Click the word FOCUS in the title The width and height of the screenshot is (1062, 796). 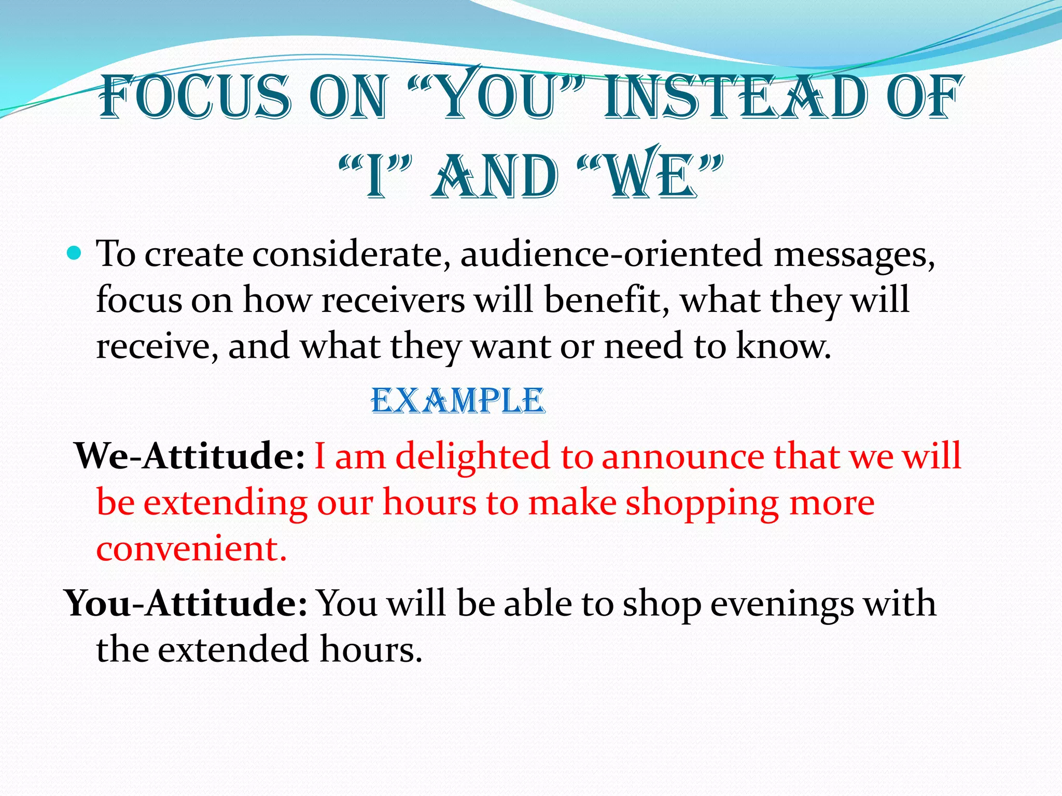(194, 97)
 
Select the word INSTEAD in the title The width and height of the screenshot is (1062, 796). (736, 97)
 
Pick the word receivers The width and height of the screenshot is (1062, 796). (393, 301)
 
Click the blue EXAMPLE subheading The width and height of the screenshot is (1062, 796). (458, 401)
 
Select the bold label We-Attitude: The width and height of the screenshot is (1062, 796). (190, 456)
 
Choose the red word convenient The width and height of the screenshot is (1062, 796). (191, 548)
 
